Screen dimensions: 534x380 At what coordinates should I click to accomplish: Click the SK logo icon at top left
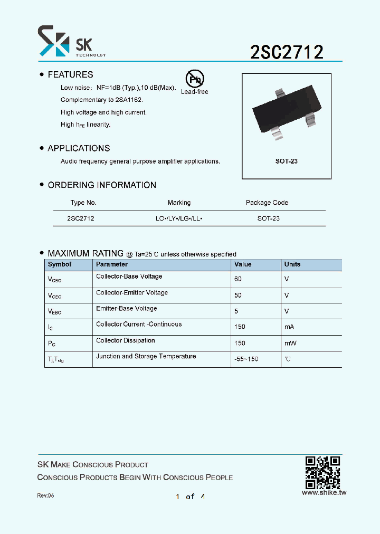pyautogui.click(x=53, y=41)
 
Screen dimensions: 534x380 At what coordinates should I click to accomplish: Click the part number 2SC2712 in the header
pyautogui.click(x=287, y=52)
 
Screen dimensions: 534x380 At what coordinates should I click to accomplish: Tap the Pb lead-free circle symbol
pyautogui.click(x=194, y=79)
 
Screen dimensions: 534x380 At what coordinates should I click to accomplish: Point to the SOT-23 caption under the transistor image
pyautogui.click(x=287, y=161)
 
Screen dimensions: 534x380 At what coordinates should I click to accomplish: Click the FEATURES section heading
pyautogui.click(x=70, y=75)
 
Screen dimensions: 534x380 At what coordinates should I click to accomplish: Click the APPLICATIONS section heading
pyautogui.click(x=79, y=148)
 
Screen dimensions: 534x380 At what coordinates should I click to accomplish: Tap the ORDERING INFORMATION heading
pyautogui.click(x=102, y=185)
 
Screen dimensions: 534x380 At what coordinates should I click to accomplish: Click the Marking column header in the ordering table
pyautogui.click(x=179, y=203)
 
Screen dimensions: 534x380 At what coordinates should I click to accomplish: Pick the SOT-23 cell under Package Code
pyautogui.click(x=269, y=218)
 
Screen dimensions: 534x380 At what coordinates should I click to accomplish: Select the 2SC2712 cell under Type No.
pyautogui.click(x=81, y=218)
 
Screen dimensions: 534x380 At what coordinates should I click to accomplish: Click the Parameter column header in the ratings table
pyautogui.click(x=112, y=264)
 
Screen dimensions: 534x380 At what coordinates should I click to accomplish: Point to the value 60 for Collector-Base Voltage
pyautogui.click(x=238, y=279)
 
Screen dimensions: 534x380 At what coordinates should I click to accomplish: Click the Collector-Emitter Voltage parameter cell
pyautogui.click(x=132, y=293)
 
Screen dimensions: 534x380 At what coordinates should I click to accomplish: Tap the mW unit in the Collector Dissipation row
pyautogui.click(x=290, y=344)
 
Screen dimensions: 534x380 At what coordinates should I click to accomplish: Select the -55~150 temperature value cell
pyautogui.click(x=246, y=359)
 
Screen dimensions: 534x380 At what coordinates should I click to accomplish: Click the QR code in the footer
pyautogui.click(x=323, y=472)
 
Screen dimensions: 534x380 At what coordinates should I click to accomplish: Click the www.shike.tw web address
pyautogui.click(x=324, y=492)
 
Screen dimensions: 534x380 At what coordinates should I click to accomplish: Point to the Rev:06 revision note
pyautogui.click(x=45, y=496)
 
